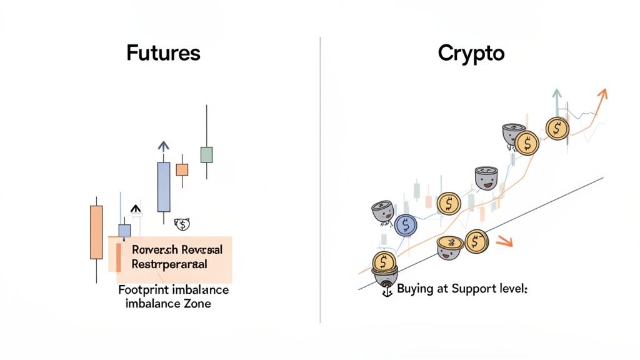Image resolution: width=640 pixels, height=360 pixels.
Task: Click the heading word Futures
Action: pyautogui.click(x=163, y=52)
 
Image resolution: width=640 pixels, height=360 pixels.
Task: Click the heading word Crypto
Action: pyautogui.click(x=471, y=52)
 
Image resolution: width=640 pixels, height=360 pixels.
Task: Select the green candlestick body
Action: pyautogui.click(x=206, y=154)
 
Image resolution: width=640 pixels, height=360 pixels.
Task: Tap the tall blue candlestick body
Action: pyautogui.click(x=163, y=187)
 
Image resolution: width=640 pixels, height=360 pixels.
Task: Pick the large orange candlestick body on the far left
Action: pyautogui.click(x=96, y=231)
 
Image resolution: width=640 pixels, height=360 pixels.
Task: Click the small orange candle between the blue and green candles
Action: pyautogui.click(x=182, y=169)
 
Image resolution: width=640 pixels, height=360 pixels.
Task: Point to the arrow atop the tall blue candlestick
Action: pyautogui.click(x=163, y=147)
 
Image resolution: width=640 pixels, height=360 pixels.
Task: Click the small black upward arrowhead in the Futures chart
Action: pyautogui.click(x=136, y=209)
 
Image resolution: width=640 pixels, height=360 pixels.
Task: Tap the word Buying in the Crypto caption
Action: pyautogui.click(x=415, y=290)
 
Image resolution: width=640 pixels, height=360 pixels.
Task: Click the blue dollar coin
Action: pyautogui.click(x=406, y=224)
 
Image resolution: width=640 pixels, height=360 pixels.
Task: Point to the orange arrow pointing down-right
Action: pyautogui.click(x=504, y=242)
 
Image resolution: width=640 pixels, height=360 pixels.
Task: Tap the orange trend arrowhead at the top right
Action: pyautogui.click(x=602, y=94)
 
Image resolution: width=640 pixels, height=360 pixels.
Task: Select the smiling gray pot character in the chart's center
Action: pyautogui.click(x=485, y=179)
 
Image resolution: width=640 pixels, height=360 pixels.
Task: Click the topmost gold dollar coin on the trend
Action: pyautogui.click(x=557, y=128)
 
